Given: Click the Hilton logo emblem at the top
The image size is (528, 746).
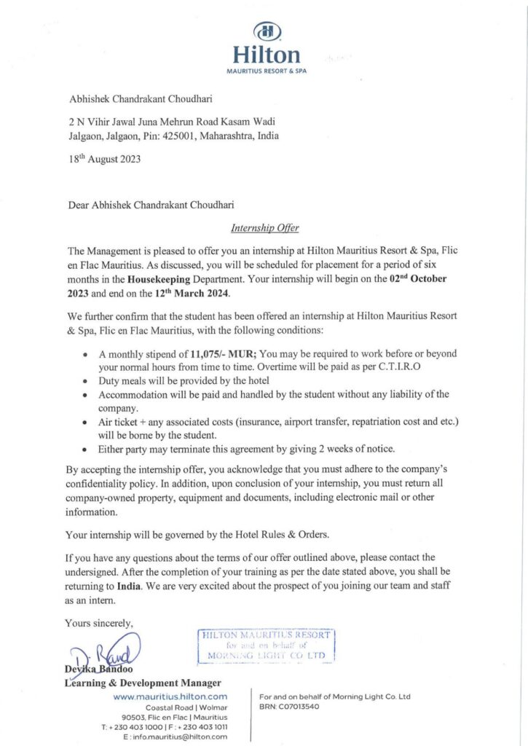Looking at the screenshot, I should coord(265,32).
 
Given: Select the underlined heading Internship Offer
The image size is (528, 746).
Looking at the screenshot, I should coord(264,227).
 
